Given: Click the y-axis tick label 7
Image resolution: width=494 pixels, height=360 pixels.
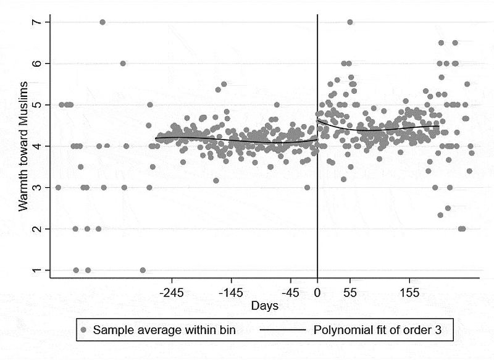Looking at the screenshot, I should pos(38,22).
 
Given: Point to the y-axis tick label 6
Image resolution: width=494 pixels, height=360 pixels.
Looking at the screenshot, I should pos(38,64).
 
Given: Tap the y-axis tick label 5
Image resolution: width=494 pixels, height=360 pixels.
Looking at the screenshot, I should pos(38,105).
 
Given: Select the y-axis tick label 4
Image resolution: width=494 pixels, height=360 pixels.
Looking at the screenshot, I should pos(38,146).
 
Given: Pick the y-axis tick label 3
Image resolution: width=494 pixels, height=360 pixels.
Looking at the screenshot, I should pos(38,188).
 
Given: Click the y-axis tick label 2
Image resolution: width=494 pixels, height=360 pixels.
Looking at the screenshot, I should pos(38,229).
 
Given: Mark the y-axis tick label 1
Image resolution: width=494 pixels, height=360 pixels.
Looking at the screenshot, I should pos(38,270).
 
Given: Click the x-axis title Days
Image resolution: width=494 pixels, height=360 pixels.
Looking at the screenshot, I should pos(265,306).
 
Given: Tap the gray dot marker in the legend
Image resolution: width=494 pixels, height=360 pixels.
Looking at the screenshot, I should pos(84,330).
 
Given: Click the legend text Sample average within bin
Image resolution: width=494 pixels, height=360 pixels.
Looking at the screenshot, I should pos(164,330).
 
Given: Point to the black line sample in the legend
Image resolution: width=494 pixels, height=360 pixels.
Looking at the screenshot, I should pos(282,330).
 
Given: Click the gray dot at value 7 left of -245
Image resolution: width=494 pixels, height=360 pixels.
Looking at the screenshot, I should pos(103,22).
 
